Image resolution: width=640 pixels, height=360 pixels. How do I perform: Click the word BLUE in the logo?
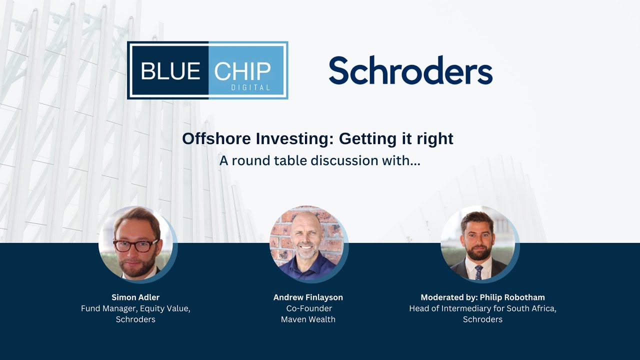point(170,71)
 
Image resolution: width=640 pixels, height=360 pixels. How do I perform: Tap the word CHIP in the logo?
point(242,71)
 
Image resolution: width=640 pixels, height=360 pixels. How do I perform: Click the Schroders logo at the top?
point(410,70)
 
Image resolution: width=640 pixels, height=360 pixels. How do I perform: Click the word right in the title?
point(434,138)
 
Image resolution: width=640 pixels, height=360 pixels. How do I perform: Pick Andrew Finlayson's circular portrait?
point(307,242)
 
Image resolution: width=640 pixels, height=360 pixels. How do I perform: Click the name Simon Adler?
point(135,297)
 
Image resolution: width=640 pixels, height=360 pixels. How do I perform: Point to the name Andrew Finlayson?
point(308,297)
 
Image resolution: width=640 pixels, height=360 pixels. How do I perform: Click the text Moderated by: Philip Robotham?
point(482,297)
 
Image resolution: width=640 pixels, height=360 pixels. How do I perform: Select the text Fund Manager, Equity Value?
point(135,308)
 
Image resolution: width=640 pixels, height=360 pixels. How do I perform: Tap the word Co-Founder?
point(308,308)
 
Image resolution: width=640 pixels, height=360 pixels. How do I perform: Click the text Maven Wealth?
point(308,319)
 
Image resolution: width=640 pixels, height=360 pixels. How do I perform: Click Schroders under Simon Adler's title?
point(135,319)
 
